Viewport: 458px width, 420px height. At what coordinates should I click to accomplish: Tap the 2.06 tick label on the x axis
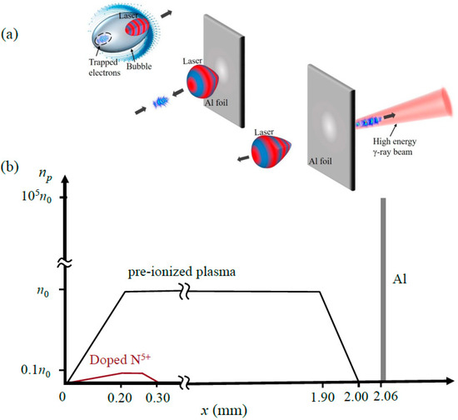384,397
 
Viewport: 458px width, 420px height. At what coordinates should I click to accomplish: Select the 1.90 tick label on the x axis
321,397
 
